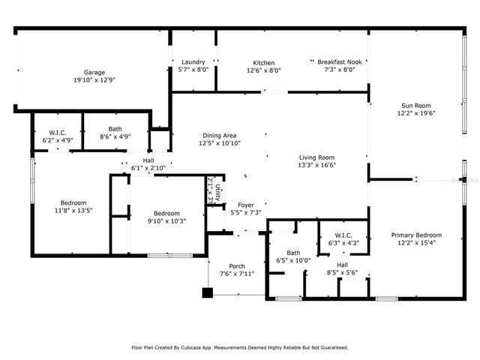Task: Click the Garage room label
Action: [94, 72]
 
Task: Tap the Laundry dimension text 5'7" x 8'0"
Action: [193, 70]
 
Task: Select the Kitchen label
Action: [263, 63]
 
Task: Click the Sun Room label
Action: [415, 106]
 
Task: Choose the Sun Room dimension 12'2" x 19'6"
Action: [415, 113]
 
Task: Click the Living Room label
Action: [316, 157]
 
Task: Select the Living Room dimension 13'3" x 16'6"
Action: [316, 165]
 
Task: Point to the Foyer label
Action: [245, 205]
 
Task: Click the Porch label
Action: [237, 265]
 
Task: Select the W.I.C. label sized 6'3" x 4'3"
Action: [342, 235]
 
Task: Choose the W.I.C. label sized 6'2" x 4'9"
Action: [57, 132]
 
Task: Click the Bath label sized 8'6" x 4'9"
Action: [115, 129]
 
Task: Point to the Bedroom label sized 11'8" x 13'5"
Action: [73, 202]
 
